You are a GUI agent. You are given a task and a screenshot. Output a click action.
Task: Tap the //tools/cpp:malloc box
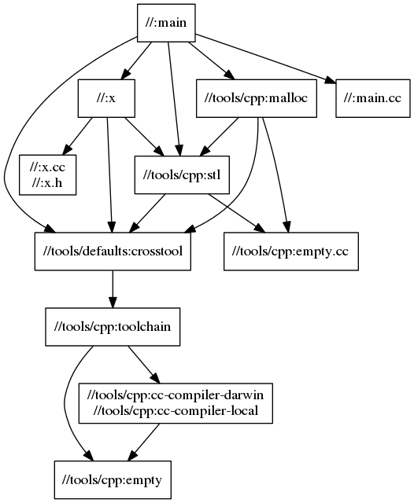(x=255, y=98)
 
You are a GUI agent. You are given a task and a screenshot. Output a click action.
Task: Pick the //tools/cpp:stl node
(x=181, y=174)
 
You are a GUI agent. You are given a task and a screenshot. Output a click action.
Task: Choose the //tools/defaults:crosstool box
(x=113, y=250)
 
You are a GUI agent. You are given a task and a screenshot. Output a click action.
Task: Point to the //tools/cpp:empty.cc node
(x=291, y=250)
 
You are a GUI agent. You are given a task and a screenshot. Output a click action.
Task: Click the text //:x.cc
(x=48, y=167)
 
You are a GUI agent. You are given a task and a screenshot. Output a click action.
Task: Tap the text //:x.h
(x=48, y=182)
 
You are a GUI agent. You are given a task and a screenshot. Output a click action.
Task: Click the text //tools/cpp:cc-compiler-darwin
(x=176, y=395)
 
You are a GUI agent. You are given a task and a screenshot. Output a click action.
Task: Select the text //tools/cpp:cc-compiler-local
(x=176, y=409)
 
